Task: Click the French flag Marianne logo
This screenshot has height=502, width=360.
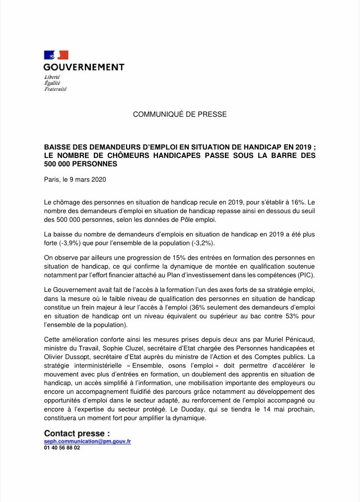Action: point(56,55)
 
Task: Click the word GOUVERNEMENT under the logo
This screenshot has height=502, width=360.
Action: point(83,67)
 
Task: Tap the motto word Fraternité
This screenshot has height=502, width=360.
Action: point(55,89)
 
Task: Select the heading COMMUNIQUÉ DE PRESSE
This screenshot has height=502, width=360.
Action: point(180,114)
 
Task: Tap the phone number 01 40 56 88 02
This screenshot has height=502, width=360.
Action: point(62,447)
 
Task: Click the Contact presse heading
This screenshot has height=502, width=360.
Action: point(77,433)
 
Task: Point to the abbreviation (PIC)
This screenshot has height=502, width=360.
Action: point(304,275)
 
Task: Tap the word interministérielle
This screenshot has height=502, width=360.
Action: point(101,365)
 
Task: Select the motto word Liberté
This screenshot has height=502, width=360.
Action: point(52,77)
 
